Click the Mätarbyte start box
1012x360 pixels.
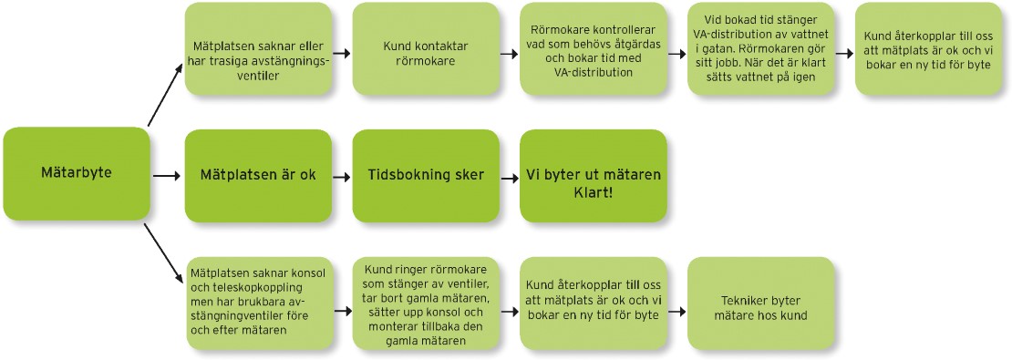76,173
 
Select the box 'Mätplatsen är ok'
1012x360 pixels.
258,175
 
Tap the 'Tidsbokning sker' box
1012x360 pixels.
425,175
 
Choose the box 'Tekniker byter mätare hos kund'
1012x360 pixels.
760,303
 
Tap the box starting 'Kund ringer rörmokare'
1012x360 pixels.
425,303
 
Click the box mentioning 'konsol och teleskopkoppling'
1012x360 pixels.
258,303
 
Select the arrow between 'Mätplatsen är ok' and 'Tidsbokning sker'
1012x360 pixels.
341,175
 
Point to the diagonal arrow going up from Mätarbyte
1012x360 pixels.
164,97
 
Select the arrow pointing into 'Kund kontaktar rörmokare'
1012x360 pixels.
341,54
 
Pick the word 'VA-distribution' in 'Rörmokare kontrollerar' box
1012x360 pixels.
593,72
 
